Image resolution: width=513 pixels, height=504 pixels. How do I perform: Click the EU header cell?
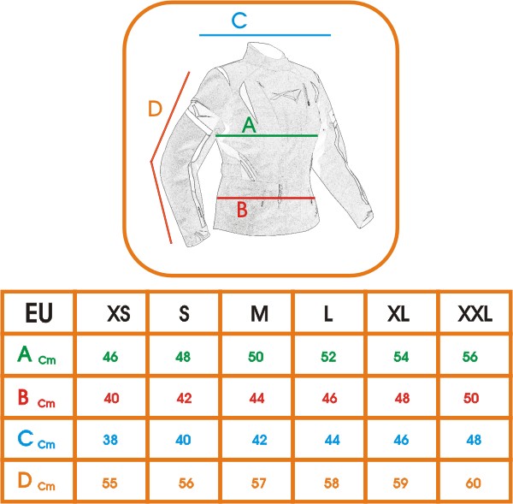point(38,313)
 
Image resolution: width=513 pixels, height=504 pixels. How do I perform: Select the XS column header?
point(119,314)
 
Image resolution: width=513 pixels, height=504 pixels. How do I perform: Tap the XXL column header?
point(475,314)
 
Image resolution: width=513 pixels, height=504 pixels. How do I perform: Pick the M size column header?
point(259,314)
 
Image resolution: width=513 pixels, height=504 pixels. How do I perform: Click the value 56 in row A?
point(470,356)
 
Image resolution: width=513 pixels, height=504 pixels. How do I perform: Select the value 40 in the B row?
point(111,398)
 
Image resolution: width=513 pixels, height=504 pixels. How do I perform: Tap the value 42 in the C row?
point(258,440)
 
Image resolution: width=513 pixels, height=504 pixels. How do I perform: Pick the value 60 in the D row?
point(473,482)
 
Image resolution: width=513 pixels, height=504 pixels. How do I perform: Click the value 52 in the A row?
point(327,356)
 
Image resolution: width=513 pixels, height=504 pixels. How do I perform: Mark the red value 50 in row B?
point(471,398)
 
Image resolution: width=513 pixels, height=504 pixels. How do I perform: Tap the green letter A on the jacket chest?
point(249,125)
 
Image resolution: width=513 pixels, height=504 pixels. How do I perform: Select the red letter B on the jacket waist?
point(241,208)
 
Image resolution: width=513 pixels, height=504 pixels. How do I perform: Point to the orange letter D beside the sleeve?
point(155,109)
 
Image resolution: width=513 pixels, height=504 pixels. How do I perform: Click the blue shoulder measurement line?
point(264,35)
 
